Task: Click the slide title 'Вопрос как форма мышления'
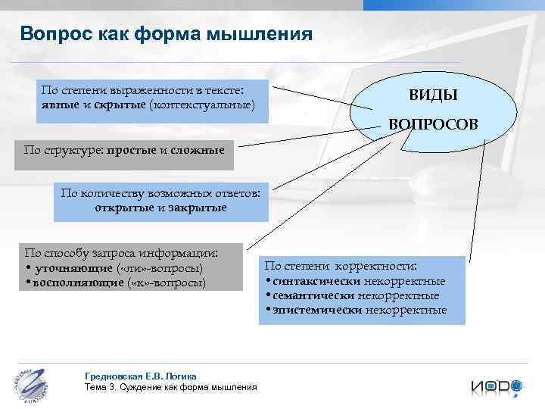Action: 166,34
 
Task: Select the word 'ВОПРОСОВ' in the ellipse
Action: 433,123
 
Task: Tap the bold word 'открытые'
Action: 124,207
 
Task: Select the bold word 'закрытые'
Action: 197,207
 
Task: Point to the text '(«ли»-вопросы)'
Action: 160,269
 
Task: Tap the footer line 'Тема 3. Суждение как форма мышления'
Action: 170,387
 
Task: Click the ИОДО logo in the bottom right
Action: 497,386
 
